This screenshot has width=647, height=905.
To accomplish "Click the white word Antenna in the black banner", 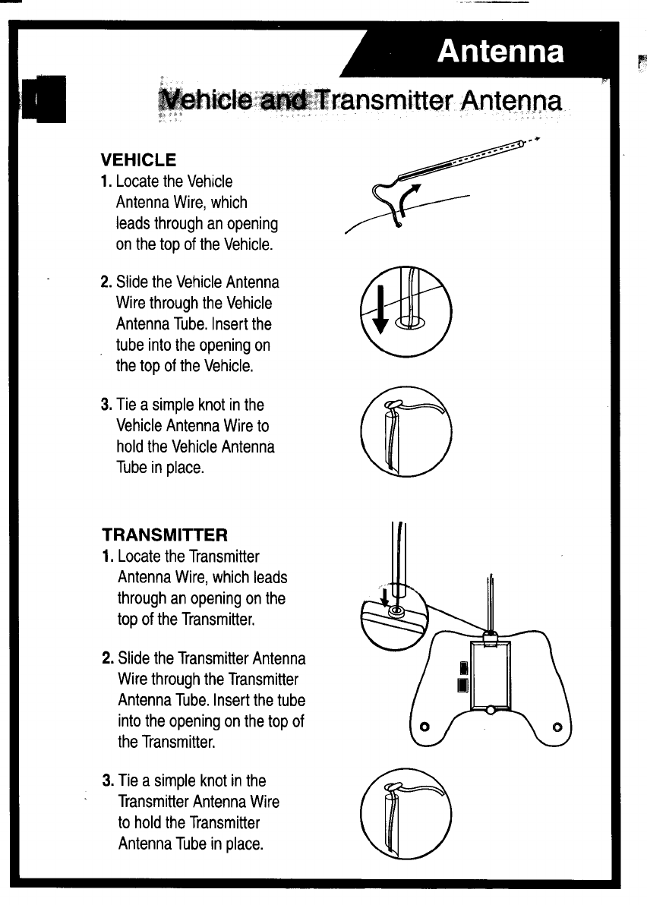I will (501, 52).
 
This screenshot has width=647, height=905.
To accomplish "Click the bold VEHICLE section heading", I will (139, 160).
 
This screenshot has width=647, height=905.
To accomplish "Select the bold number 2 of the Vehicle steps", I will (106, 282).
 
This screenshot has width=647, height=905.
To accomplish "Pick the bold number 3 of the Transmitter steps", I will (107, 780).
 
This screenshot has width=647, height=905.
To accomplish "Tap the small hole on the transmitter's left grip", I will (425, 727).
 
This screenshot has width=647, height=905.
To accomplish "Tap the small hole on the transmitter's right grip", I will (557, 727).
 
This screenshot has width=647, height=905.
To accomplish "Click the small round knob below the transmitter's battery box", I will (491, 710).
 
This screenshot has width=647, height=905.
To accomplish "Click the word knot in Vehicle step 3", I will (213, 405).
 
